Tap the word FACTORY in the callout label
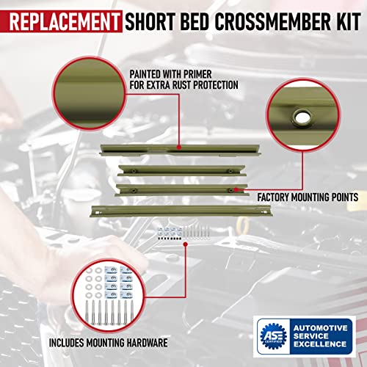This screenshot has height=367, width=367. click(x=277, y=197)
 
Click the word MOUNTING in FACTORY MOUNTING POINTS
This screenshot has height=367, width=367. click(x=317, y=197)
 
